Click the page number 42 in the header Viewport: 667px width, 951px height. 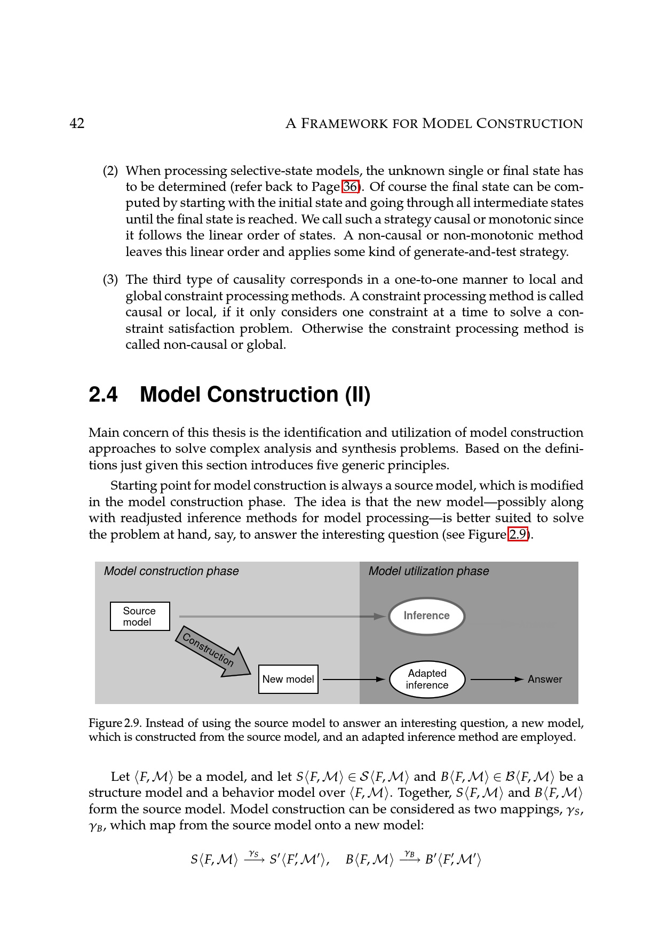pos(77,124)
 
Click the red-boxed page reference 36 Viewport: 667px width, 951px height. pos(350,187)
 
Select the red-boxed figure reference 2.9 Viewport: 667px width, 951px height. pos(518,534)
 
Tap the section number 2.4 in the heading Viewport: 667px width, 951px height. pos(103,395)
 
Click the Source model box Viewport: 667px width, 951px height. pos(140,617)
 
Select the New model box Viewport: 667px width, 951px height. pos(288,679)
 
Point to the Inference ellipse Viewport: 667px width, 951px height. pos(426,616)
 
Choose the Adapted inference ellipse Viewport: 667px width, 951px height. pos(427,679)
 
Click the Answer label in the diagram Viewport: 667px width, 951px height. pos(545,679)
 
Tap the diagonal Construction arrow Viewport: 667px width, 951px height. pos(213,652)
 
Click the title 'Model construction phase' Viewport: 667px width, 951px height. pos(171,571)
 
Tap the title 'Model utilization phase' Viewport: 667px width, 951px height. pos(428,571)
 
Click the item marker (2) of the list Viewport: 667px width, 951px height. pos(110,171)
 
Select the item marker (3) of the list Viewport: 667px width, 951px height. pos(110,280)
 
